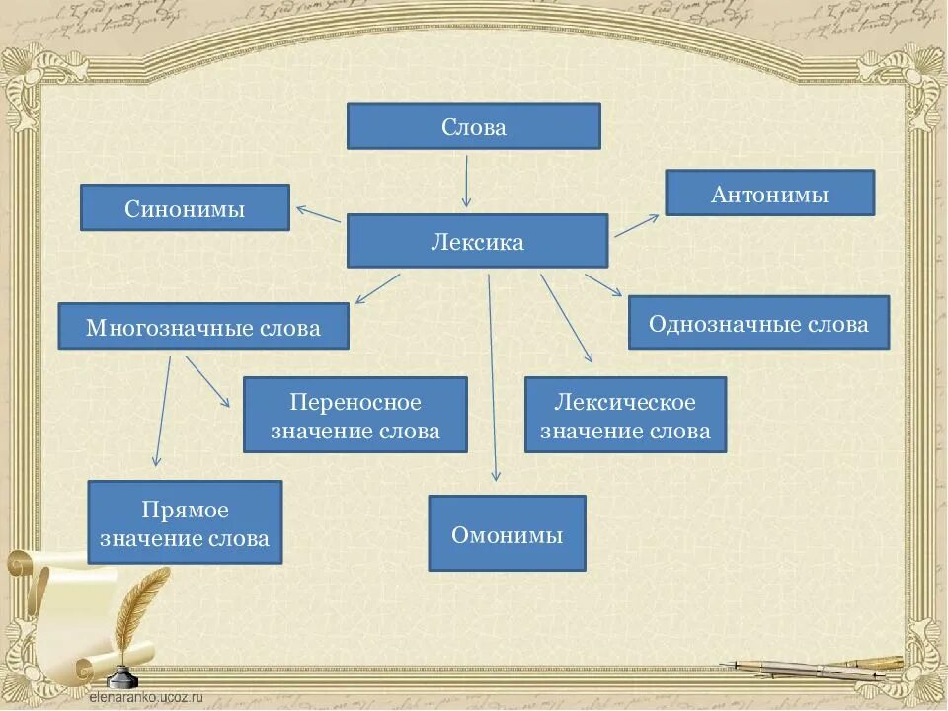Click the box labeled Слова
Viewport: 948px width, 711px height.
(x=473, y=126)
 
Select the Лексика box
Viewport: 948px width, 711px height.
(x=477, y=241)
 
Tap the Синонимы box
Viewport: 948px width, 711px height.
(x=185, y=207)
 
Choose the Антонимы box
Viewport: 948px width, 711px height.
(x=769, y=193)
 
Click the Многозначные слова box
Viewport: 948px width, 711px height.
(x=203, y=326)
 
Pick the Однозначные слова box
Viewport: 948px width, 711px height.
(x=758, y=322)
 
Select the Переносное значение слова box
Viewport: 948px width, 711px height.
(x=355, y=415)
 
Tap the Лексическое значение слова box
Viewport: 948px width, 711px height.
(x=625, y=415)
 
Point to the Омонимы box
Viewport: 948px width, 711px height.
(x=507, y=533)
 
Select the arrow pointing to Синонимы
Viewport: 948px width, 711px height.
(x=318, y=214)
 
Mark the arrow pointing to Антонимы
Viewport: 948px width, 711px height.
(x=636, y=225)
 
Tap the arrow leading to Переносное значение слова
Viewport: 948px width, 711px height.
(x=207, y=382)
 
